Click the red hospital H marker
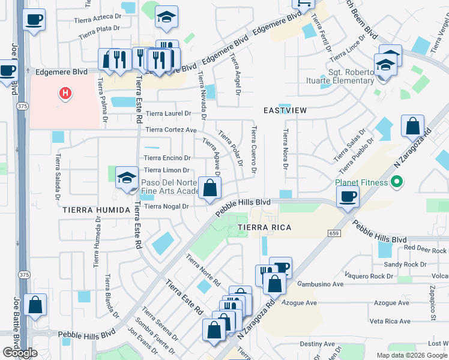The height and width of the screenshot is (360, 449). pyautogui.click(x=65, y=94)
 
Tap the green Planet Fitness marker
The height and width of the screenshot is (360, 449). pyautogui.click(x=396, y=182)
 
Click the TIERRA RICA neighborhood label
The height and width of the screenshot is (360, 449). pyautogui.click(x=265, y=227)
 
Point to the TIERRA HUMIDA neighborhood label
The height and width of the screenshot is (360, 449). pyautogui.click(x=95, y=210)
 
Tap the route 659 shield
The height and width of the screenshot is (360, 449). pyautogui.click(x=334, y=233)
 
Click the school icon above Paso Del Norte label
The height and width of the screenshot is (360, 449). pyautogui.click(x=127, y=178)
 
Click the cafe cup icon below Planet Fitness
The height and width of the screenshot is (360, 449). pyautogui.click(x=348, y=197)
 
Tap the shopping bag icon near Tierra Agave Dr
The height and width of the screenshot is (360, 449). pyautogui.click(x=209, y=190)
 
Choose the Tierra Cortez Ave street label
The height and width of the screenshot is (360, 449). pyautogui.click(x=171, y=130)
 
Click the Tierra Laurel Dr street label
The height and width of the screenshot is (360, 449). pyautogui.click(x=168, y=113)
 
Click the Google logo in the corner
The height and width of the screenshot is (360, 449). pyautogui.click(x=20, y=352)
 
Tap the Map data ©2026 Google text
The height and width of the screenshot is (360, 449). pyautogui.click(x=411, y=355)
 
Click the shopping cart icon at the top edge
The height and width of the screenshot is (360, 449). pyautogui.click(x=303, y=4)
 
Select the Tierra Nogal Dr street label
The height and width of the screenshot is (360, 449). pyautogui.click(x=167, y=206)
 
